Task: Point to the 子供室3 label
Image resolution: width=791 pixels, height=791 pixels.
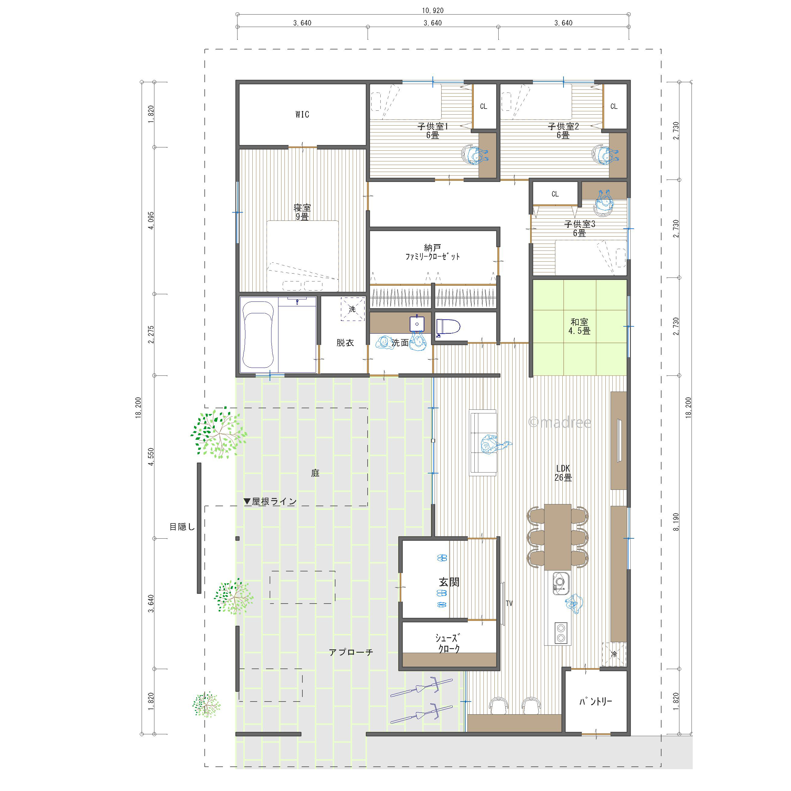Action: coord(579,224)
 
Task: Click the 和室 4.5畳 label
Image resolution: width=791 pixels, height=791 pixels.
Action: coord(579,326)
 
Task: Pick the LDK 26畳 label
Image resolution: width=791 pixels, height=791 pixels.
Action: coord(563,473)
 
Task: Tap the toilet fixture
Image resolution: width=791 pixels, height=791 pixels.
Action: coord(447,327)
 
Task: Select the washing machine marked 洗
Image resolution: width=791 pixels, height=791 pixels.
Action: coord(352,309)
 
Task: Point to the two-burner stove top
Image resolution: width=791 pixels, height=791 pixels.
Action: coord(560,633)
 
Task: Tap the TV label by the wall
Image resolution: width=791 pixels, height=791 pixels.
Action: coord(509,603)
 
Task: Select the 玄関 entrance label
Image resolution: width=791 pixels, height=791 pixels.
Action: coord(449,582)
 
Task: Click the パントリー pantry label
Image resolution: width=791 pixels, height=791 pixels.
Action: coord(596,701)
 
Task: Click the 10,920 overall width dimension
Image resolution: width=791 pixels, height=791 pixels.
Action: coord(433,11)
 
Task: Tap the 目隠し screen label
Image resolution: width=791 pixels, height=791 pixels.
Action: coord(183,527)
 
